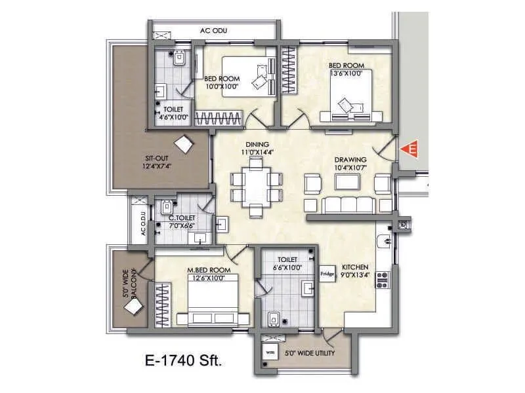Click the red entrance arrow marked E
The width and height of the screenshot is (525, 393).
tap(411, 149)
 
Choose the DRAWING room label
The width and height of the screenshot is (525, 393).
tap(350, 159)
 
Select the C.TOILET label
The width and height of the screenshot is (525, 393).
tap(180, 218)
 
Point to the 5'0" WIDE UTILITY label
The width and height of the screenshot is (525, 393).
tap(310, 353)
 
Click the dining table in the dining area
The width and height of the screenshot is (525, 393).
tap(256, 185)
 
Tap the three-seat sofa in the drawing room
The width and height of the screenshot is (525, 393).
tap(348, 204)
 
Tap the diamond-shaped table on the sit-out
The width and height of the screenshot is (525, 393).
tap(184, 145)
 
